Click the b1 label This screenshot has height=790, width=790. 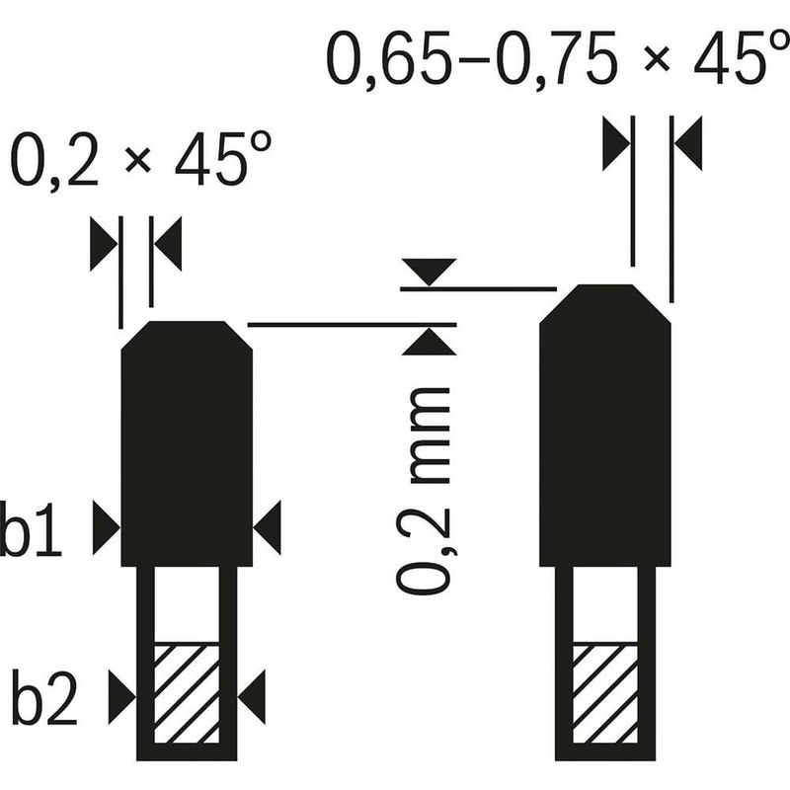pos(31,528)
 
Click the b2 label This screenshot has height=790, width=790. pos(44,697)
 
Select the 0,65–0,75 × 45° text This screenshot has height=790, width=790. pos(557,58)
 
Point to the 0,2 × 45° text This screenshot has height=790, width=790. pos(141,158)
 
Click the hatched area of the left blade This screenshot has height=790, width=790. pos(187,694)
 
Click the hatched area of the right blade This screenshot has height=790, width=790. pos(605,694)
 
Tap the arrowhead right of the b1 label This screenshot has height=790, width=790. pos(107,528)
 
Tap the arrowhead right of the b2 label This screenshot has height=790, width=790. pos(122,697)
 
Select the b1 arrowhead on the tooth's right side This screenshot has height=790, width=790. pos(267,528)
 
